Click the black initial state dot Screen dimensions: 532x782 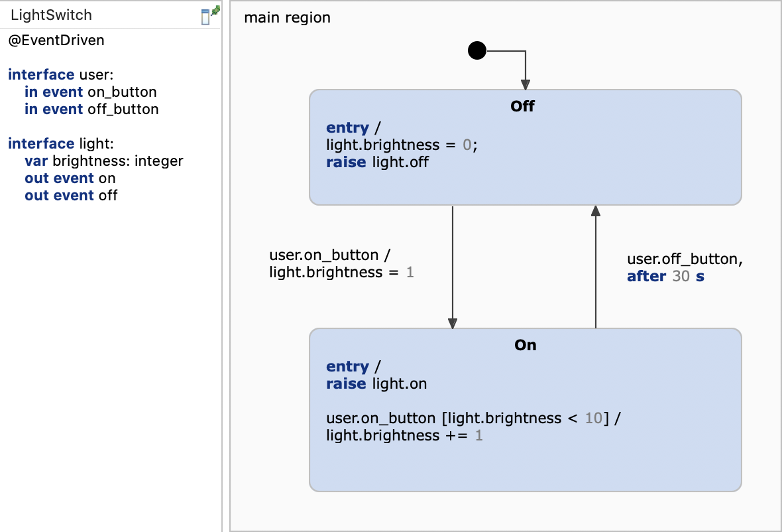tap(477, 50)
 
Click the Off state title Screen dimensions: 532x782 tap(522, 106)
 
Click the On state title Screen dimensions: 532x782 tap(525, 345)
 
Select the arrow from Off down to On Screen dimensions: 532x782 tap(453, 265)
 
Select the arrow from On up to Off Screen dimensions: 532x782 tap(595, 265)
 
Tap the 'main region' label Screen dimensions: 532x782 tap(287, 17)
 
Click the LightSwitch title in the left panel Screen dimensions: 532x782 tap(52, 15)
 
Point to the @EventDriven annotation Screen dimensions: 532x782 tap(56, 40)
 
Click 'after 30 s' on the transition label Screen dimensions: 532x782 tap(665, 277)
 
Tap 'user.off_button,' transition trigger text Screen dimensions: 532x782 tap(685, 259)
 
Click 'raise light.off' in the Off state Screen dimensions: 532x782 tap(377, 162)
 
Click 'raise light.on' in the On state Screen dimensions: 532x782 tap(376, 383)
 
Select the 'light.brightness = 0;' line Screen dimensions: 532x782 tap(402, 145)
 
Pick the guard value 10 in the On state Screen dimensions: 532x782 tap(593, 418)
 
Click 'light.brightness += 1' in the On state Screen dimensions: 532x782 tap(404, 435)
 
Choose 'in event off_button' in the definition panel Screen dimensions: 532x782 tap(91, 109)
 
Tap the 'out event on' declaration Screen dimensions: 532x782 tap(70, 178)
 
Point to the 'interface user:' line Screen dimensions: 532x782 tap(61, 75)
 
